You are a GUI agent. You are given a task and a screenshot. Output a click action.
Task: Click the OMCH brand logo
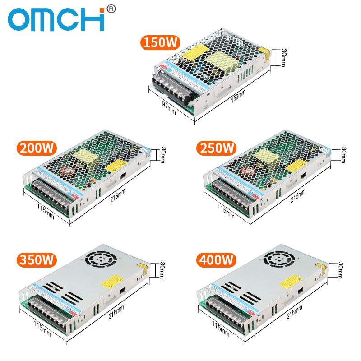point(56,20)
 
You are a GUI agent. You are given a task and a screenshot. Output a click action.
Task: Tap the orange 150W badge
point(161,42)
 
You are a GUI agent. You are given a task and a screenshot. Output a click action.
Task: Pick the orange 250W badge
point(217,148)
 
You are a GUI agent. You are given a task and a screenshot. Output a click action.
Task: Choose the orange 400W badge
point(217,260)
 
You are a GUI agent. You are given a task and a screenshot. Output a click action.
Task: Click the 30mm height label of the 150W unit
point(283,58)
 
